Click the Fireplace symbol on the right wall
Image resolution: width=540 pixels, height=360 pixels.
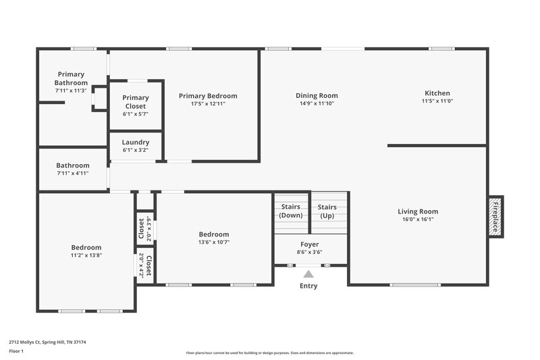(495, 216)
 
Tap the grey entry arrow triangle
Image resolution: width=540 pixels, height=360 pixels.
(308, 274)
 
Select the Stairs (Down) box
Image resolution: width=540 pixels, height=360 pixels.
(292, 211)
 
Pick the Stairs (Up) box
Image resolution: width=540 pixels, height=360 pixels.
(327, 211)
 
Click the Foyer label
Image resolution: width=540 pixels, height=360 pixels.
(310, 244)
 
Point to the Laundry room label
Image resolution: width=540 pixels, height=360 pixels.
(136, 143)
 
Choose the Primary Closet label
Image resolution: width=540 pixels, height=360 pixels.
(136, 102)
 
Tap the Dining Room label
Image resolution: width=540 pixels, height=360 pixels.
(317, 95)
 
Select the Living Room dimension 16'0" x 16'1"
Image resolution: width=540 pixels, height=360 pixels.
(418, 220)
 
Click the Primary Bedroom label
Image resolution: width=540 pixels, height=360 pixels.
(208, 96)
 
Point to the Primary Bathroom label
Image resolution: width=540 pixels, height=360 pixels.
(71, 78)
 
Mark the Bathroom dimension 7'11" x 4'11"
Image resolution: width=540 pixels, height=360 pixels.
(72, 174)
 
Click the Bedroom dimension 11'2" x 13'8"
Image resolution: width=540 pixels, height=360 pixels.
(86, 256)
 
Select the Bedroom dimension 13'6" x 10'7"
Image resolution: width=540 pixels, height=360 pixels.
(213, 242)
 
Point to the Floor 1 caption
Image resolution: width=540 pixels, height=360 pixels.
(16, 351)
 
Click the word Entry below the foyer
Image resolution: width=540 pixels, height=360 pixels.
(308, 286)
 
